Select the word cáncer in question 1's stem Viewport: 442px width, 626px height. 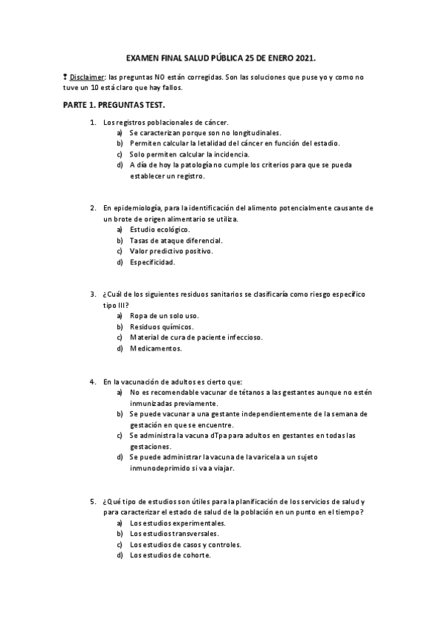215,122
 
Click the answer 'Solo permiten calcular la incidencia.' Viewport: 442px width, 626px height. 189,154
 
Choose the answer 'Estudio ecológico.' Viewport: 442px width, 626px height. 159,230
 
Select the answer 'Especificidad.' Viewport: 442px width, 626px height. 152,261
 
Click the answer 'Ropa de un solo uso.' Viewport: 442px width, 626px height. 164,315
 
